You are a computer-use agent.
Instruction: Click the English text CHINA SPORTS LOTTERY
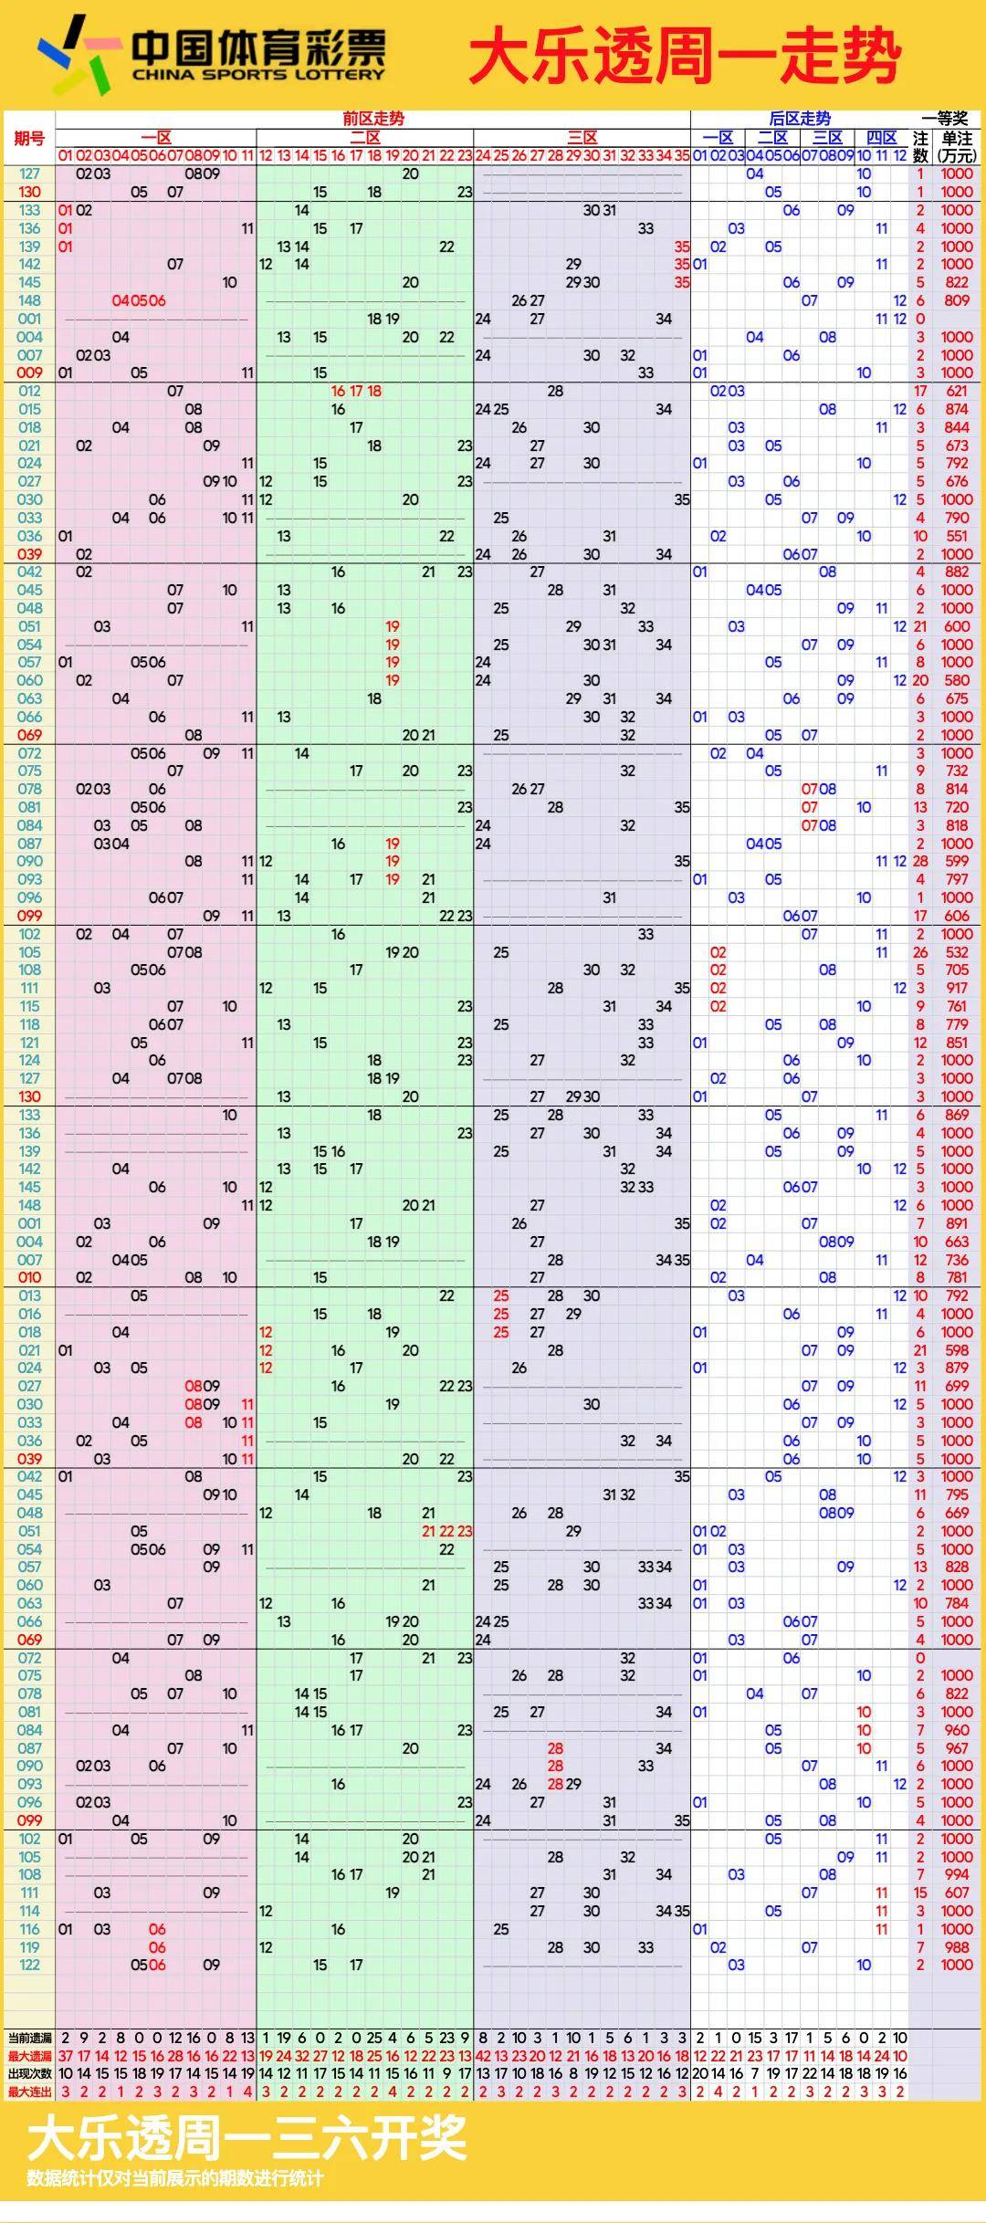coord(258,75)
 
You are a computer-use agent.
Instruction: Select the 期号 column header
coord(29,138)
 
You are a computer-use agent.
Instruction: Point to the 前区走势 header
coord(372,119)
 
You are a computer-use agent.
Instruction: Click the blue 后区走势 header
coord(800,119)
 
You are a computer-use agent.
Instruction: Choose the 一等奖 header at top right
coord(944,119)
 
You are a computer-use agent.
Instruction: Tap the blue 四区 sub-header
coord(881,138)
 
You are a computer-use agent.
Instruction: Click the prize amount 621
coord(957,391)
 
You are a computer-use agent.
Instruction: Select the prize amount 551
coord(957,536)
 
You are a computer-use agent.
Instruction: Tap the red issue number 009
coord(29,372)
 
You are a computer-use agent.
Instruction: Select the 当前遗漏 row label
coord(29,2038)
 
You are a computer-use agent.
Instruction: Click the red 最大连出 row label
coord(29,2092)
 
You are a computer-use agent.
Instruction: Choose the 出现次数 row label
coord(29,2073)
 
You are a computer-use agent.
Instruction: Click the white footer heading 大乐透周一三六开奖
coord(246,2138)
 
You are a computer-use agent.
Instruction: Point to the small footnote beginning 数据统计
coord(174,2179)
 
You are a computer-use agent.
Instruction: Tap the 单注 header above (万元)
coord(957,138)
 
